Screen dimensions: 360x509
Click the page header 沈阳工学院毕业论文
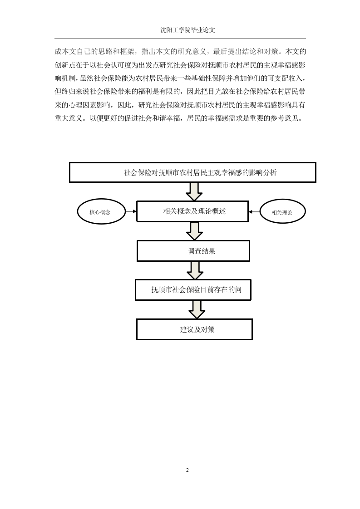187,30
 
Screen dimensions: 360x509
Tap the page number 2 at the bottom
187,470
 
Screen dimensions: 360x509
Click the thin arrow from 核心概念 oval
131,212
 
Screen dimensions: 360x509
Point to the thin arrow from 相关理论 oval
254,212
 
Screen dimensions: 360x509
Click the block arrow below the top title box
194,191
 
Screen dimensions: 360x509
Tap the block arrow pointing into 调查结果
195,231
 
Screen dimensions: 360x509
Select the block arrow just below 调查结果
195,270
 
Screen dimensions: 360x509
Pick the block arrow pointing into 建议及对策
197,310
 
